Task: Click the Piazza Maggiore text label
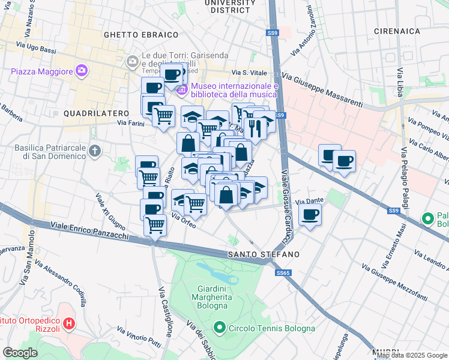pyautogui.click(x=41, y=71)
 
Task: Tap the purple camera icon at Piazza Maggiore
pyautogui.click(x=81, y=71)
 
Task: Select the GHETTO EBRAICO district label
pyautogui.click(x=141, y=35)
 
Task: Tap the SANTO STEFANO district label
pyautogui.click(x=263, y=254)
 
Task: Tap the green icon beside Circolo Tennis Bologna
pyautogui.click(x=220, y=328)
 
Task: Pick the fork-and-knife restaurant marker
pyautogui.click(x=255, y=128)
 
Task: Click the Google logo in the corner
pyautogui.click(x=20, y=353)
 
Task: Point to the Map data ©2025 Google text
pyautogui.click(x=411, y=355)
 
